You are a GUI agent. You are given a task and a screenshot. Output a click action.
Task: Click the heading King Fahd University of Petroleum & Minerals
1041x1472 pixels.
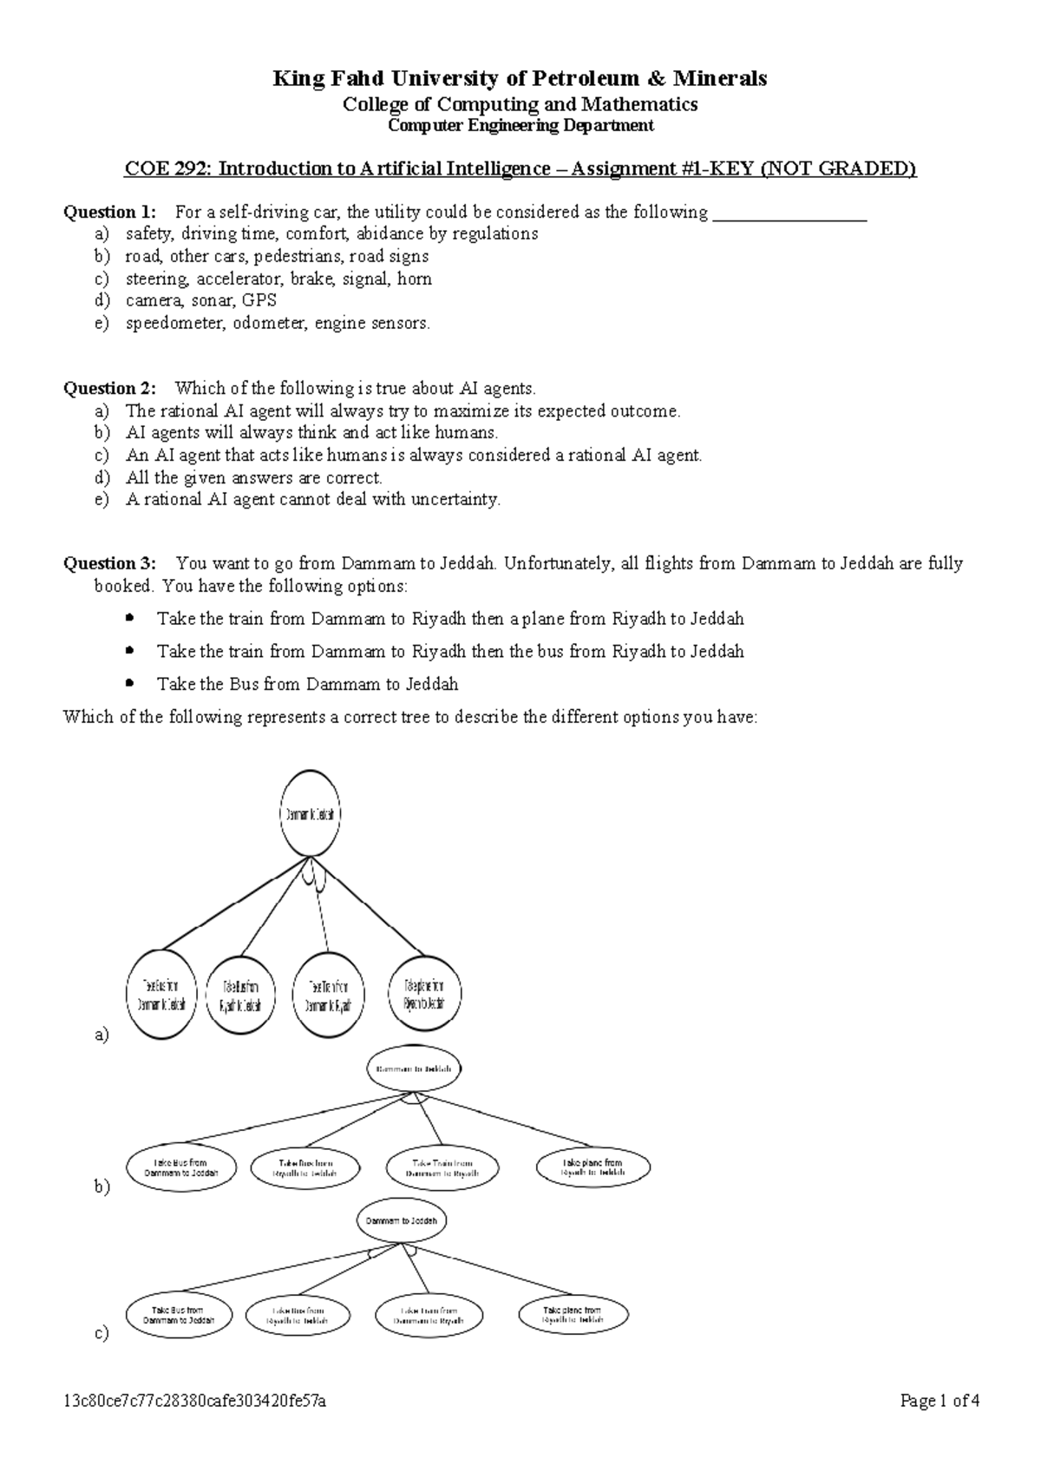click(x=520, y=79)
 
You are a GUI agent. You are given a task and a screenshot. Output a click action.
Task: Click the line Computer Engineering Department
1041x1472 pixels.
click(x=520, y=126)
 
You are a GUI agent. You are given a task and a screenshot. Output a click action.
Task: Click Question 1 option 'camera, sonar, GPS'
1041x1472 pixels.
click(x=200, y=301)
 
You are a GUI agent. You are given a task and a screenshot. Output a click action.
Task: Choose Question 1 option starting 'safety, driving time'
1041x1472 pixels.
click(x=331, y=234)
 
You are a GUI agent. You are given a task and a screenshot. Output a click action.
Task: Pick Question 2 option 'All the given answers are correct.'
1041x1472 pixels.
click(x=253, y=478)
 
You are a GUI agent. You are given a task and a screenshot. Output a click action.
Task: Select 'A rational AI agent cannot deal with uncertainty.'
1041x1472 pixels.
click(x=312, y=500)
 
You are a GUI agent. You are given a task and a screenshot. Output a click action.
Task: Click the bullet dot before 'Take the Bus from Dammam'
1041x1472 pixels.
click(x=130, y=684)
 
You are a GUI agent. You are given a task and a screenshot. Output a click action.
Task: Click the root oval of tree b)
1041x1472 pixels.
click(x=414, y=1069)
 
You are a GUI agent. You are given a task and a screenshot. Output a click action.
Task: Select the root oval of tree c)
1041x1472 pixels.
click(x=401, y=1220)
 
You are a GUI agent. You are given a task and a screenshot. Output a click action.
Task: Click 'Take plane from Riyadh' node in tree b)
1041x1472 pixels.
click(x=593, y=1168)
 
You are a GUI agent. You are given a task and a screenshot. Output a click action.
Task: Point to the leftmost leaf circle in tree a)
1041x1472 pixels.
click(x=161, y=995)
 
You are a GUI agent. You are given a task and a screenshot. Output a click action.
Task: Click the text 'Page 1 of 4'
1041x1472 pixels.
click(x=940, y=1402)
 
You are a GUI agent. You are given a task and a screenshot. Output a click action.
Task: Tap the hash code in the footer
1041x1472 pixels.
click(x=195, y=1402)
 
